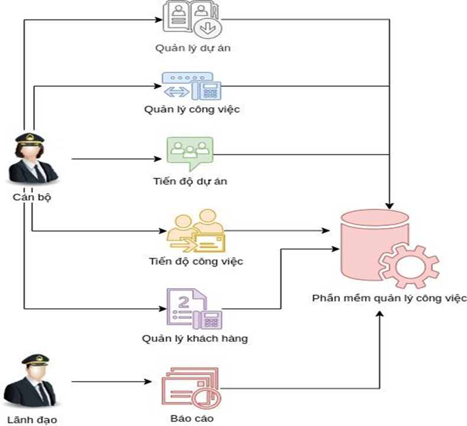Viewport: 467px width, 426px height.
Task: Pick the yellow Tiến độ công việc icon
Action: pyautogui.click(x=195, y=231)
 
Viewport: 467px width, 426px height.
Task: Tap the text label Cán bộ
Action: pyautogui.click(x=33, y=198)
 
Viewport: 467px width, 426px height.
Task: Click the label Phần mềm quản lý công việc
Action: pyautogui.click(x=390, y=298)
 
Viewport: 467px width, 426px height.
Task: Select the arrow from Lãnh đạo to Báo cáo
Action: pyautogui.click(x=112, y=380)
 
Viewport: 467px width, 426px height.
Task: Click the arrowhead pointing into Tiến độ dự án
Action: pyautogui.click(x=158, y=159)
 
